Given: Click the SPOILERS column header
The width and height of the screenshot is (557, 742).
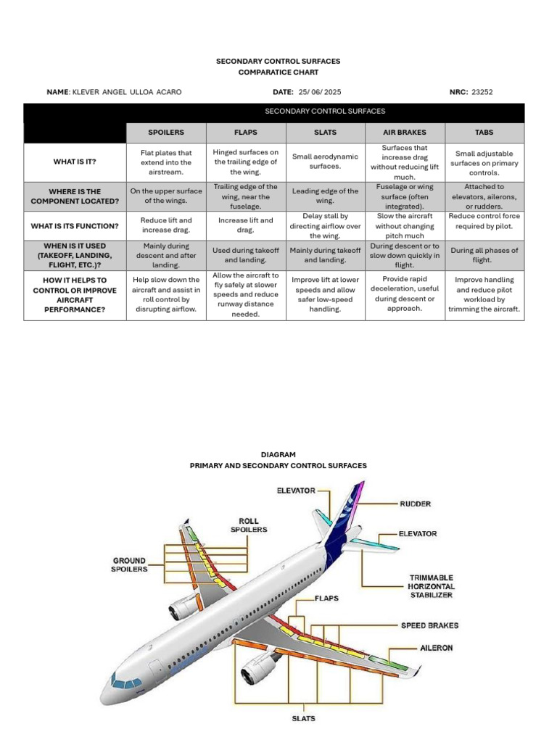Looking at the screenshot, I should click(x=166, y=133).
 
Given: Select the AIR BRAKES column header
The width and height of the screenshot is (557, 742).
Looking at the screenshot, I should click(x=405, y=133).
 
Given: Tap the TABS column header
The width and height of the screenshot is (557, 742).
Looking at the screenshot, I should click(x=484, y=133).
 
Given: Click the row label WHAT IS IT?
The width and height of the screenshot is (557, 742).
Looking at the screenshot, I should click(x=75, y=162).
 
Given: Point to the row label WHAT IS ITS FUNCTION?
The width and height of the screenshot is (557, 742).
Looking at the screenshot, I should click(x=75, y=226).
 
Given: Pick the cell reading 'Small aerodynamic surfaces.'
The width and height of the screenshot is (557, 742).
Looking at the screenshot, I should click(x=325, y=162).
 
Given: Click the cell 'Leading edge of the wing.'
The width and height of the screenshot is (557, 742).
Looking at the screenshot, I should click(x=325, y=196).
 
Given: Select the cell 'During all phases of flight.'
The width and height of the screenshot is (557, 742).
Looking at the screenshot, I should click(x=484, y=255).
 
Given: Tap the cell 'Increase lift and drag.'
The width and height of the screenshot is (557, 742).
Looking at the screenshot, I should click(x=246, y=225).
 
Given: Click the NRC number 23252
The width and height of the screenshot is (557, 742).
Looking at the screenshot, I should click(x=482, y=92).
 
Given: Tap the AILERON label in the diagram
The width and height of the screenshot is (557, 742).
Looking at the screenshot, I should click(x=436, y=647).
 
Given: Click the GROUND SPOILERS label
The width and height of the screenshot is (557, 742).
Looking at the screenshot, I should click(x=129, y=564).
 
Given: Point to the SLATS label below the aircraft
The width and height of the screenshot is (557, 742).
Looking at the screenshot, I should click(x=303, y=718).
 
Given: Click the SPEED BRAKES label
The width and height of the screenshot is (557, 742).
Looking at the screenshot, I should click(x=430, y=625).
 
